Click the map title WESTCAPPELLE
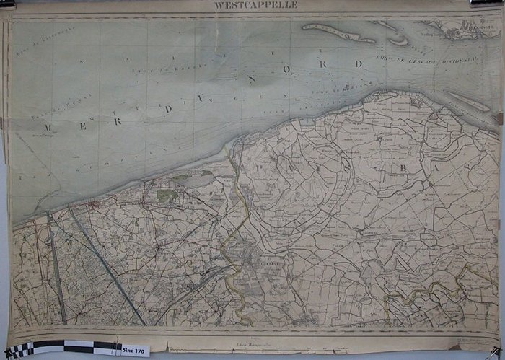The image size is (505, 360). (255, 5)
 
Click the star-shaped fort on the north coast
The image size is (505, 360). (416, 101)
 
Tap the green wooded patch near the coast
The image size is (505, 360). (167, 195)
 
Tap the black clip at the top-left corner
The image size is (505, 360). (6, 4)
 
